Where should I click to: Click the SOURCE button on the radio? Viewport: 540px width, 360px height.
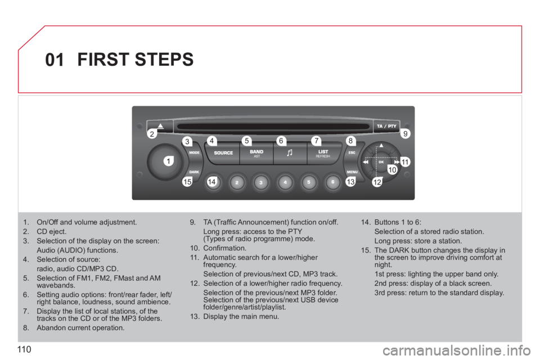point(223,153)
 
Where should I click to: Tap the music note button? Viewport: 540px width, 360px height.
point(290,153)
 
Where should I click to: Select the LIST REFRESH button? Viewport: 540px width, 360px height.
point(323,153)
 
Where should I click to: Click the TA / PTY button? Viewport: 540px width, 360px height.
point(386,127)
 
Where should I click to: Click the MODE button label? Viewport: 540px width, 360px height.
point(194,152)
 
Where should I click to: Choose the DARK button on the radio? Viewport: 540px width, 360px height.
point(194,172)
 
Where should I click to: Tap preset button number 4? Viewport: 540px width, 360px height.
point(286,183)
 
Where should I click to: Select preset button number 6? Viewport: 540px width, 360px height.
point(333,183)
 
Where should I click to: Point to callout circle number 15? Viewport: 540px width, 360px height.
point(188,181)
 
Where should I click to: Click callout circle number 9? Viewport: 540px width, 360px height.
point(404,134)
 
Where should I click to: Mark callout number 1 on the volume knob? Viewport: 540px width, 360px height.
point(168,162)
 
